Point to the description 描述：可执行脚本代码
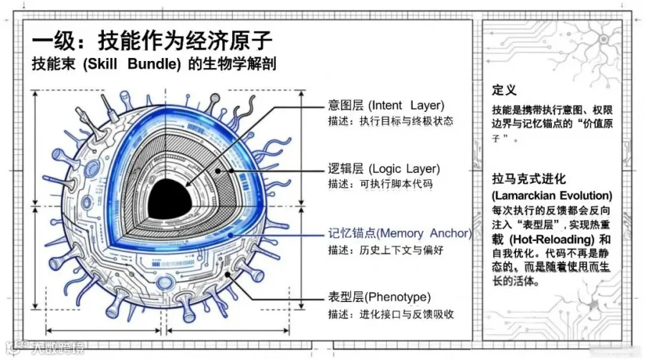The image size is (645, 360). click(380, 185)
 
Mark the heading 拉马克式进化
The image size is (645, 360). click(529, 179)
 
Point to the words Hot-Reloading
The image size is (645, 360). click(552, 239)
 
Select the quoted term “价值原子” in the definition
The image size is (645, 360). click(581, 123)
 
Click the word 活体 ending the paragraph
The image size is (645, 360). click(527, 282)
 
